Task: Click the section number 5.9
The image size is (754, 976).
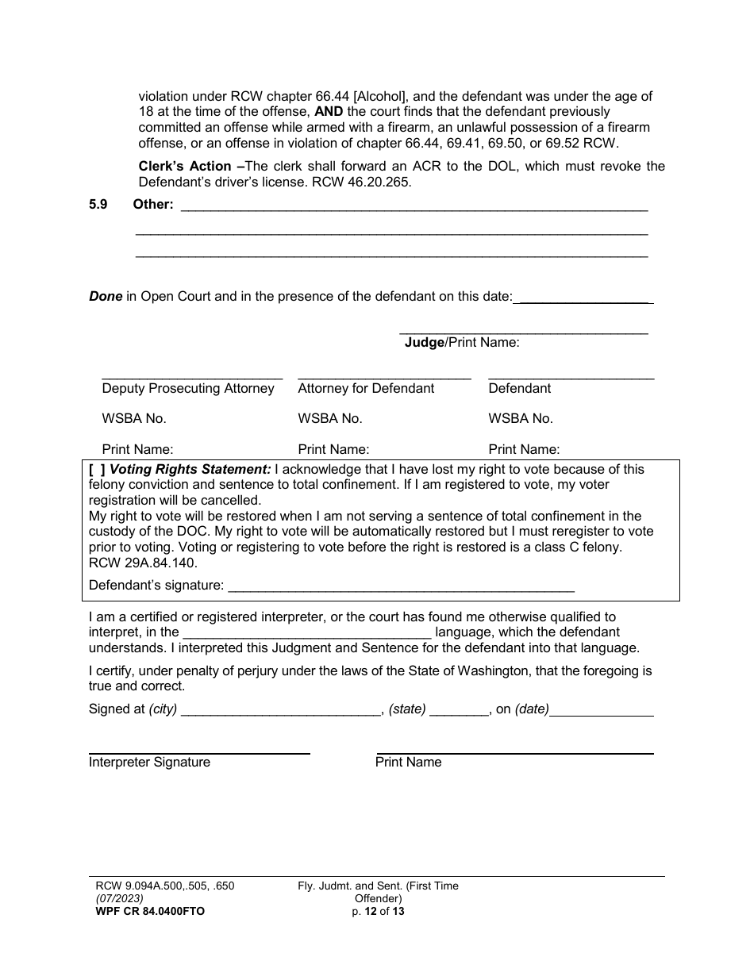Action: pos(98,205)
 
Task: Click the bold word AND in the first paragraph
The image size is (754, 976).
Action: pos(329,111)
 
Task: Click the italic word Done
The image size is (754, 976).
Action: pos(106,297)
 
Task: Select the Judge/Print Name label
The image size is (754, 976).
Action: pos(462,343)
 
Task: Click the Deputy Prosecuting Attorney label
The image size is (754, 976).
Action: pos(188,389)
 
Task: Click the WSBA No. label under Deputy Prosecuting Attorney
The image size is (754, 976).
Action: pos(134,419)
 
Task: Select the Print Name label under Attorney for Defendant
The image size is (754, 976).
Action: pos(333,449)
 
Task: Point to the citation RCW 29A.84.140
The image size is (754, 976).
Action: pos(143,563)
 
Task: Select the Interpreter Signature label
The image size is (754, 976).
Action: pos(149,763)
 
